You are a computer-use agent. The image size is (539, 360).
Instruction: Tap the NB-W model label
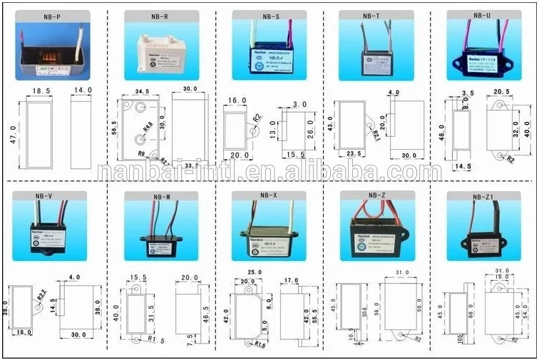158,196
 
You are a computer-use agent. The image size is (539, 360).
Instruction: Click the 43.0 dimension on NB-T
331,123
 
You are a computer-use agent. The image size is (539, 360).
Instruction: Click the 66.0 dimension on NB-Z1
451,314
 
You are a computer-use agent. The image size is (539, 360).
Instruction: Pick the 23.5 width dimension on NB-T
354,153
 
